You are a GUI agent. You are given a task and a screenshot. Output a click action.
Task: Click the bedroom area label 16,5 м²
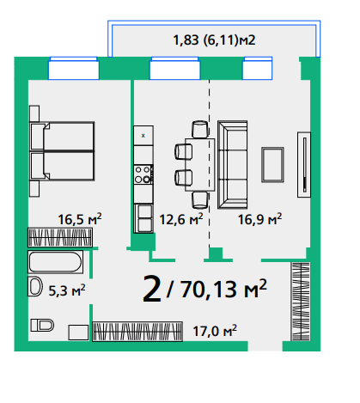tap(80, 219)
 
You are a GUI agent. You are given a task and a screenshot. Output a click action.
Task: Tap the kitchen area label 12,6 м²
tap(181, 219)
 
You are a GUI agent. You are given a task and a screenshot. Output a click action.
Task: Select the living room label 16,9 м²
tap(259, 219)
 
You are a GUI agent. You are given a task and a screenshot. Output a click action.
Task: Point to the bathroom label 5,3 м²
tap(67, 290)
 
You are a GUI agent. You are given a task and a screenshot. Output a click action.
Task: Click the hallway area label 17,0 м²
tap(215, 331)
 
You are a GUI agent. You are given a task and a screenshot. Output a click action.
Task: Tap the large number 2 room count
tap(152, 289)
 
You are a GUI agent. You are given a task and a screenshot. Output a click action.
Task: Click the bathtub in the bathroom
tap(56, 262)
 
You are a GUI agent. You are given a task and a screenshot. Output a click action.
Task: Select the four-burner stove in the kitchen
tap(143, 174)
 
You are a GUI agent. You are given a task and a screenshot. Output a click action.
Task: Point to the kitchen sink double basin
tap(143, 218)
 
